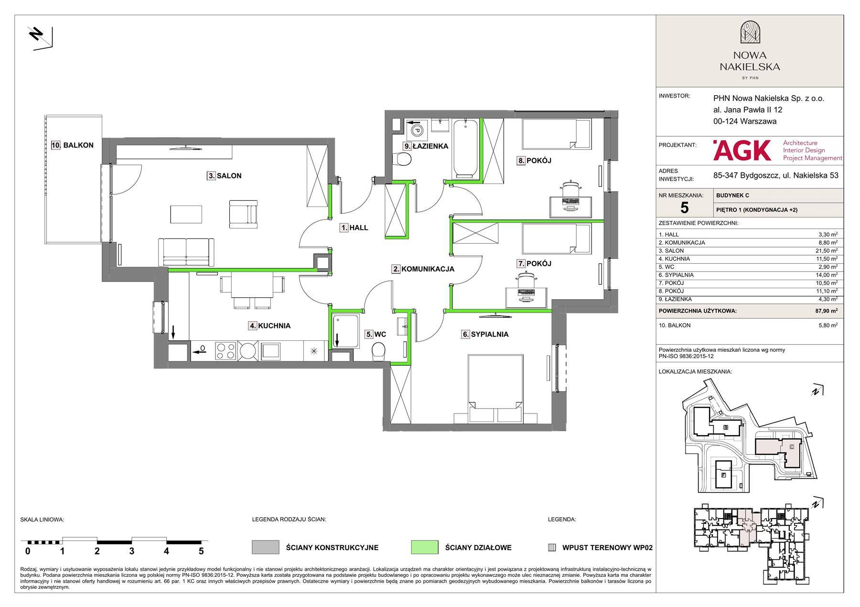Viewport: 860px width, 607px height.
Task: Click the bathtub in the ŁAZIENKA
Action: coord(465,149)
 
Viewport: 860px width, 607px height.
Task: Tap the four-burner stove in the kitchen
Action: coord(226,351)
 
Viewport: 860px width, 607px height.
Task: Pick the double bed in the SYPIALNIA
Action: coord(494,388)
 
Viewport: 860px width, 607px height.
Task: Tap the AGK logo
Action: coord(742,150)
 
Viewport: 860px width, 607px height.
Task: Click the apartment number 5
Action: coord(684,207)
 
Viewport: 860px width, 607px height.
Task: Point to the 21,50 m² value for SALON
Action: coord(828,251)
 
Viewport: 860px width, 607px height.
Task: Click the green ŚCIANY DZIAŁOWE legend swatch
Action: coord(424,547)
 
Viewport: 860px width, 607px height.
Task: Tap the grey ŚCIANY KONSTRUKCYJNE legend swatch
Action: coord(266,547)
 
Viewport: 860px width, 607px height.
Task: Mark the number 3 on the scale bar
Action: coord(132,551)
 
